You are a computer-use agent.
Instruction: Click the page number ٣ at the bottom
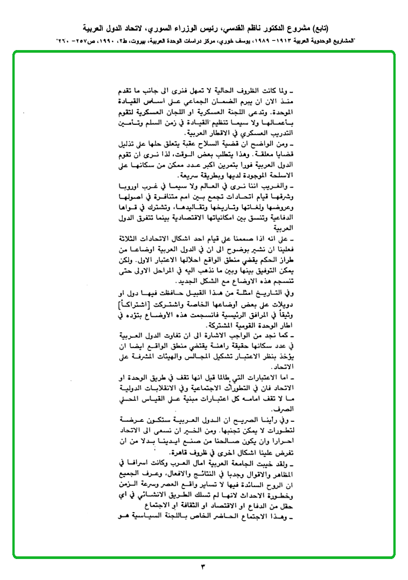(x=203, y=566)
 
